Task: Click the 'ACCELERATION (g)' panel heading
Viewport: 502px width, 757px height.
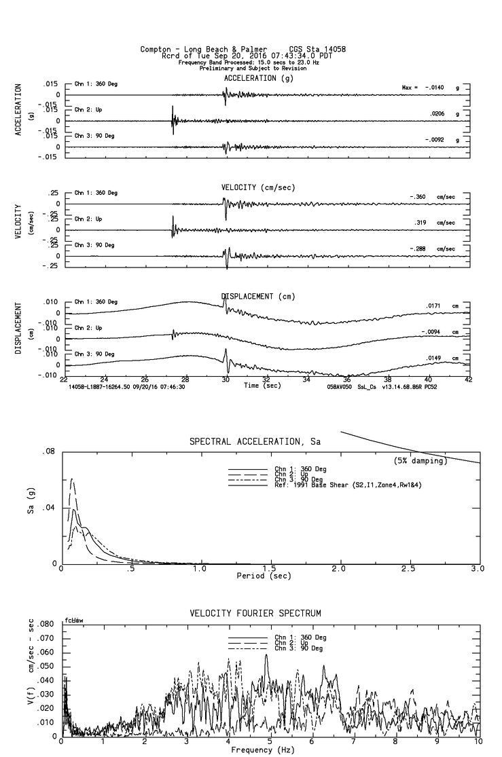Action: (x=259, y=78)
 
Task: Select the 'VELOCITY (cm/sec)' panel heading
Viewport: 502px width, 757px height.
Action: (x=259, y=187)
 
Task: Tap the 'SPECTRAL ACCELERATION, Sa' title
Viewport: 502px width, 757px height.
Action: (x=255, y=442)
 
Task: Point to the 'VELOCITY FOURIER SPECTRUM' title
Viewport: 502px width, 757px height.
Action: (x=255, y=613)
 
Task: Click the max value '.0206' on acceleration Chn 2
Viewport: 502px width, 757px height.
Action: (x=439, y=114)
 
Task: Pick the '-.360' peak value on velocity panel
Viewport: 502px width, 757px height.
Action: (x=417, y=197)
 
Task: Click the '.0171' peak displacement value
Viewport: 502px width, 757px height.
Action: (x=434, y=306)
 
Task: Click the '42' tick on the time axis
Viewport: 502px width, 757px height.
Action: (x=468, y=381)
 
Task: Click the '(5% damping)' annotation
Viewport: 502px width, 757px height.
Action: (x=420, y=461)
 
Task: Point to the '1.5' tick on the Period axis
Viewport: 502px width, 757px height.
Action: (x=269, y=568)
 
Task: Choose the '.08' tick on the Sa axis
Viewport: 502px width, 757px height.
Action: (x=49, y=451)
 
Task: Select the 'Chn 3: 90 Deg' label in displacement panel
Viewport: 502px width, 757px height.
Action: (x=96, y=354)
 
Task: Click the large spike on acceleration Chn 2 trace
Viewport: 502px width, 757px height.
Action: (x=173, y=115)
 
